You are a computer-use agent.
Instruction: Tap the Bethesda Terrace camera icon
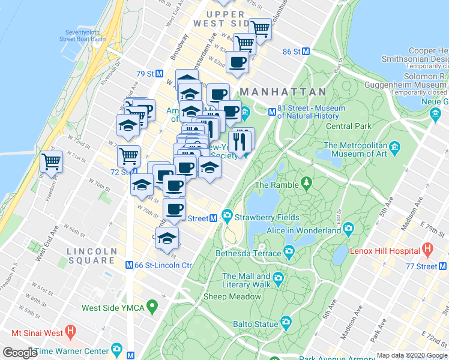[289, 251]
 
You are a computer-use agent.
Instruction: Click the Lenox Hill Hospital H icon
[427, 248]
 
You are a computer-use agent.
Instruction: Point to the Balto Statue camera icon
[286, 322]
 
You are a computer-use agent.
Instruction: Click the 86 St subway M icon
[306, 52]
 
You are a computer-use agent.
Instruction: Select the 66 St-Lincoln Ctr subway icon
[129, 265]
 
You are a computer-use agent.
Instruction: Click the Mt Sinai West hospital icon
[70, 331]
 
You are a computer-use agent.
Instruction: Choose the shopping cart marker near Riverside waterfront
[52, 161]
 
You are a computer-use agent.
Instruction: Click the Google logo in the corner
[19, 353]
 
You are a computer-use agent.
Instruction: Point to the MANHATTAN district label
[283, 92]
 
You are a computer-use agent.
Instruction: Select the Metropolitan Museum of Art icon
[394, 147]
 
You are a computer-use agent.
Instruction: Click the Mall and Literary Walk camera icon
[278, 277]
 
